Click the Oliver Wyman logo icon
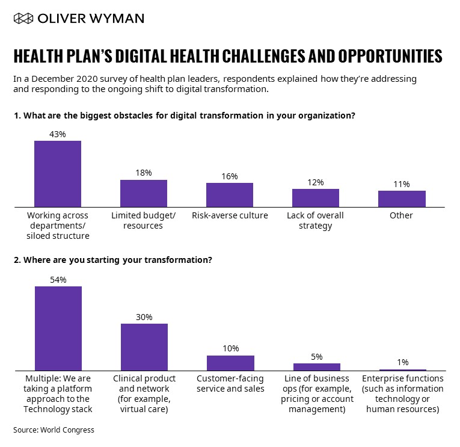coord(23,19)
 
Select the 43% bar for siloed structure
coord(58,174)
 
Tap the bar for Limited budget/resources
coord(144,193)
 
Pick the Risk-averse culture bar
coord(230,195)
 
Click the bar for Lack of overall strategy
coord(316,198)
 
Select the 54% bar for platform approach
coord(58,328)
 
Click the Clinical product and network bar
coord(144,347)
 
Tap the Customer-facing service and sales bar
coord(230,363)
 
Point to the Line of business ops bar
coord(316,367)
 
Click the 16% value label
coord(230,176)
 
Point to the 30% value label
coord(144,317)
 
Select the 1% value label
coord(402,362)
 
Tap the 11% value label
coord(402,184)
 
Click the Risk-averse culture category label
coord(230,215)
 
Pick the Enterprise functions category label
coord(402,393)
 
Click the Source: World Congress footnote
coord(54,430)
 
